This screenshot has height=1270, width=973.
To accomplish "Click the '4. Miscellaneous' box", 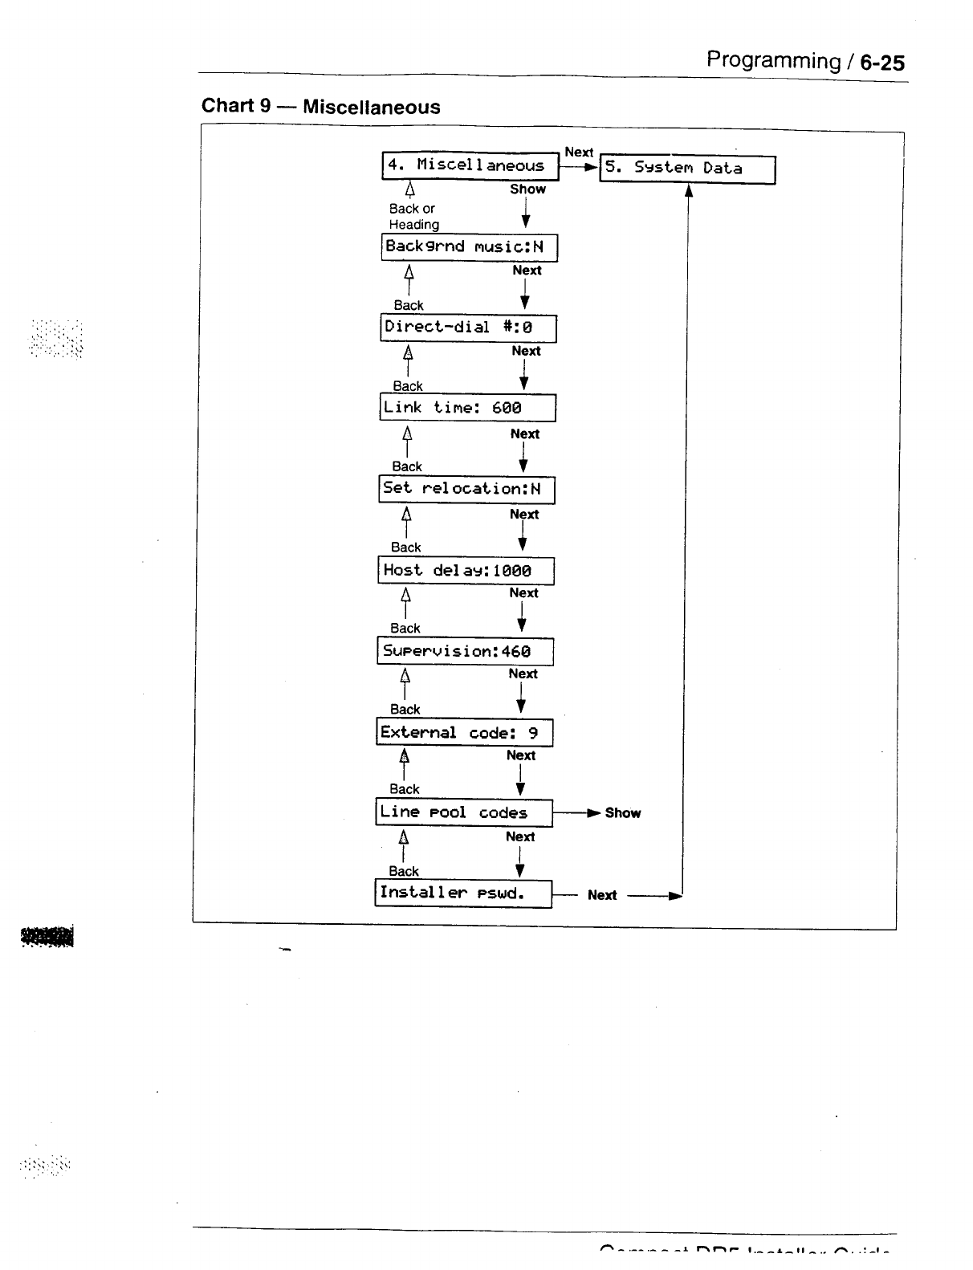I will (x=470, y=166).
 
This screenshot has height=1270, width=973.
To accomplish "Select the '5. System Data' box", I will (x=687, y=169).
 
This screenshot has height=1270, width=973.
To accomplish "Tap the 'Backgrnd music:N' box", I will (x=469, y=247).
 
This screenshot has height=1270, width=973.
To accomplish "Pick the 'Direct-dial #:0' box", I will (x=468, y=328).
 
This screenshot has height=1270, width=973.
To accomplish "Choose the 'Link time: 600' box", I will (x=467, y=408).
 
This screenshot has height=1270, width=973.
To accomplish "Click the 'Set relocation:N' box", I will (x=466, y=490).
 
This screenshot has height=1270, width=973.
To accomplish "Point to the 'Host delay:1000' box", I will (x=466, y=571).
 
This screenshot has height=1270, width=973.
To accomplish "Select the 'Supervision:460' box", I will (x=465, y=651).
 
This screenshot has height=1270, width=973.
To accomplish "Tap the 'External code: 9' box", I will (x=464, y=732).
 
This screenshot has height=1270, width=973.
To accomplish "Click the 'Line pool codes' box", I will (x=464, y=812).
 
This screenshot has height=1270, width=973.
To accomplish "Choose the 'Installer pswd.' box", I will (x=463, y=893).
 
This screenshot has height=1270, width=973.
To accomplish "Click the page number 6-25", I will (x=882, y=63).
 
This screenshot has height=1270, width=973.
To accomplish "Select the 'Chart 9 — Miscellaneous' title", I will (x=320, y=107).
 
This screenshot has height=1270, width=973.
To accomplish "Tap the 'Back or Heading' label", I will (x=413, y=217).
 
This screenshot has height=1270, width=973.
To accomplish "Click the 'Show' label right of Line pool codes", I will (x=623, y=813).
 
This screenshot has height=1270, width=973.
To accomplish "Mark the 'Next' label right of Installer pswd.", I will (x=602, y=895).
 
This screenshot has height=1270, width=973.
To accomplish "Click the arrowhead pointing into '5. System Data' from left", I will (x=592, y=168).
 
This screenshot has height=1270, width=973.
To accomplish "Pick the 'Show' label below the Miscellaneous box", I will (x=527, y=189).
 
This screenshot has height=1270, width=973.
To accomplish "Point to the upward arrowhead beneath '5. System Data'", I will (x=688, y=190).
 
